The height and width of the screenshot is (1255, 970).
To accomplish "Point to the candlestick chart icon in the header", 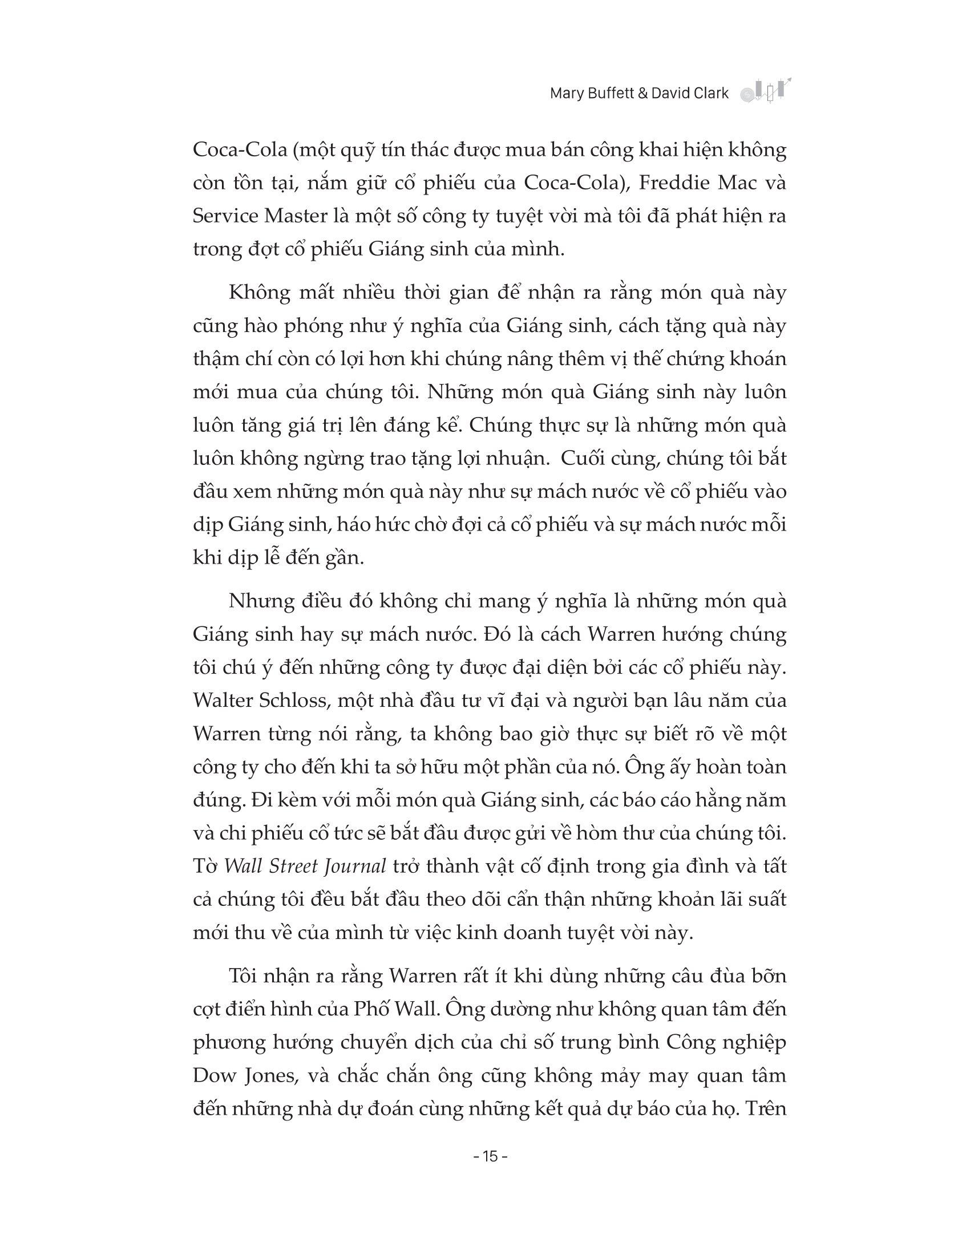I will tap(762, 91).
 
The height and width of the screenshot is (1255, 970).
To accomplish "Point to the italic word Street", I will tap(290, 867).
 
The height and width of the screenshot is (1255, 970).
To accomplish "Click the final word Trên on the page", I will tap(765, 1108).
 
